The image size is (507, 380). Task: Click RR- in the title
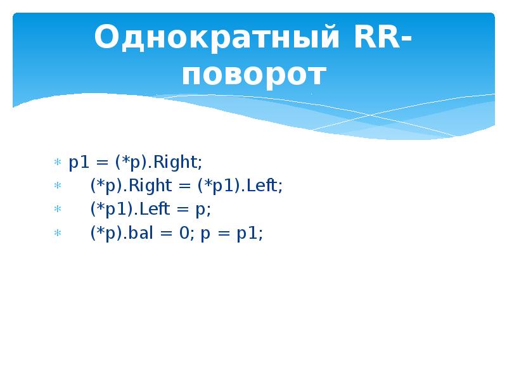point(376,39)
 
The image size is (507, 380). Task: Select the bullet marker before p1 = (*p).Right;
point(56,163)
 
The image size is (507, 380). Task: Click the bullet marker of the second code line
point(56,187)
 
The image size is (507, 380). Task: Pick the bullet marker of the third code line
point(56,210)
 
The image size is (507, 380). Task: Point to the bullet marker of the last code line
point(56,234)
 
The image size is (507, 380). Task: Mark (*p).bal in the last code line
point(123,233)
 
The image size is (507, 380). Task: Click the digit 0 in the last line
point(184,233)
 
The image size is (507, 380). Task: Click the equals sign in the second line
point(185,186)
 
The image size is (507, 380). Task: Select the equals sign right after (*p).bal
point(167,233)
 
